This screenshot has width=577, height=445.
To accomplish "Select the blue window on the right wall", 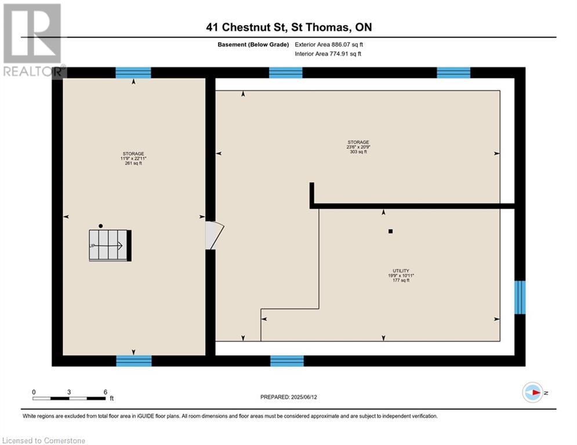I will (x=520, y=297).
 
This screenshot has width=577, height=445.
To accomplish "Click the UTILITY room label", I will (x=401, y=271).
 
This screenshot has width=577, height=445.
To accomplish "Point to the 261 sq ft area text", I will (x=133, y=163).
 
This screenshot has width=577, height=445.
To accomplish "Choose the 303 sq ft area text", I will (x=358, y=152).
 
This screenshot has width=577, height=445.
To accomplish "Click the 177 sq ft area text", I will (x=401, y=280).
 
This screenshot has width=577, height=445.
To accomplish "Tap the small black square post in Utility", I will (x=391, y=231).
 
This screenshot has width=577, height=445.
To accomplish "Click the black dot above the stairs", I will (x=101, y=225).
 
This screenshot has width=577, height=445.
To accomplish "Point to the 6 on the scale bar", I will (x=105, y=392).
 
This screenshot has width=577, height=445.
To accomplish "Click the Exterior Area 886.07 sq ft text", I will (x=329, y=44).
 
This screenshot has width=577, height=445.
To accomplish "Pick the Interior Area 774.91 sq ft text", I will (x=329, y=54).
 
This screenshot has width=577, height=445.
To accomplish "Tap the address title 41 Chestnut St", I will (x=288, y=27).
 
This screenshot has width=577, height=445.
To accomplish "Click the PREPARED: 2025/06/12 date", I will (x=288, y=397).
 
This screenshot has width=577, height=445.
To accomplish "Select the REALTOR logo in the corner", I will (x=32, y=39).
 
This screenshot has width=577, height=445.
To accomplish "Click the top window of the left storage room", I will (x=133, y=72).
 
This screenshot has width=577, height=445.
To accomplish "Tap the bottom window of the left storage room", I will (x=134, y=361).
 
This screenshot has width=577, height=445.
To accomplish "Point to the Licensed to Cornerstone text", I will (x=44, y=441).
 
